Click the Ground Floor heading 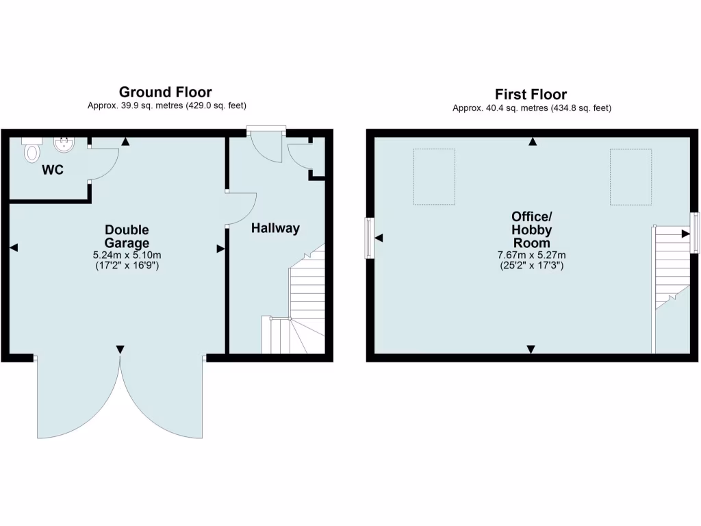pos(165,92)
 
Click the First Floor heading pos(531,95)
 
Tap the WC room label pos(53,169)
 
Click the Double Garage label pos(127,236)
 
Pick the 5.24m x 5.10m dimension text pos(127,255)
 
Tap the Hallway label pos(275,228)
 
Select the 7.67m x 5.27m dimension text pos(531,255)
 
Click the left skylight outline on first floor pos(434,177)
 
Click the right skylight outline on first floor pos(630,177)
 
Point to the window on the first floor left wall pos(370,238)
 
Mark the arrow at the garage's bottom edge pos(120,350)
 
